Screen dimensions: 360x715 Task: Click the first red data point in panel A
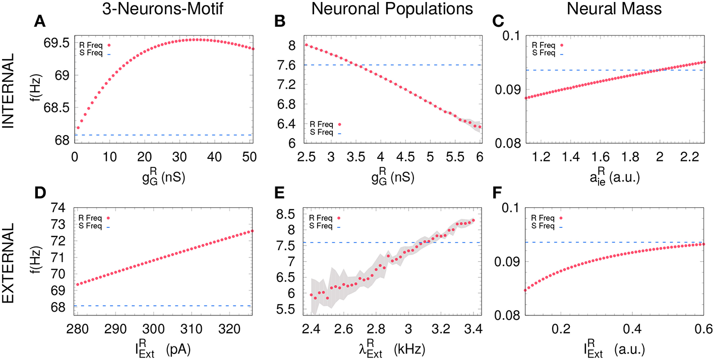[78, 128]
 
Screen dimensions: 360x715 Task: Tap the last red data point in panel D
[252, 231]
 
